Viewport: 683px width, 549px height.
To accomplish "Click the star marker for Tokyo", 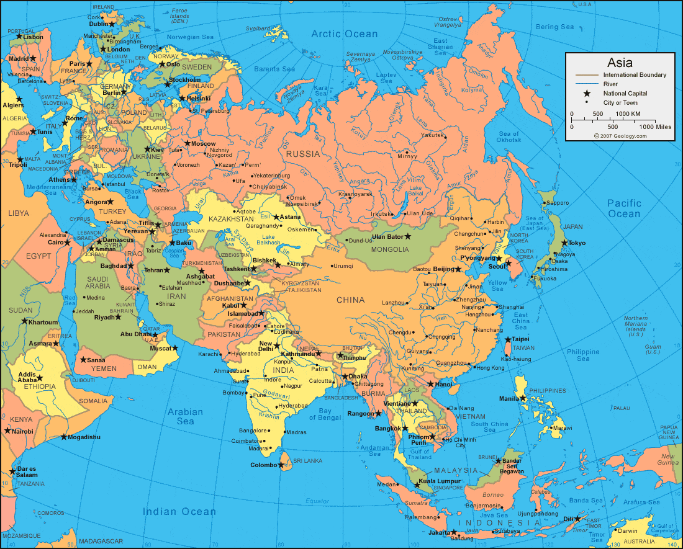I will coord(564,243).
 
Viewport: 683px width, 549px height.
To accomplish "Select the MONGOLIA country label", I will coord(391,249).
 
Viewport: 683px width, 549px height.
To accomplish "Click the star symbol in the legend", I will coord(586,93).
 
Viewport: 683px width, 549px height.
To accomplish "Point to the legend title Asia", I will coord(620,63).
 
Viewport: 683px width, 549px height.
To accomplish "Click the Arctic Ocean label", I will coord(344,34).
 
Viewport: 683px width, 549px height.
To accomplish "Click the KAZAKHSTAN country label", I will coord(231,219).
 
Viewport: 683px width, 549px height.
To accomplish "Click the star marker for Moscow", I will coord(187,143).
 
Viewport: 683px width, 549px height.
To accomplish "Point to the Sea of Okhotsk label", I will coord(509,137).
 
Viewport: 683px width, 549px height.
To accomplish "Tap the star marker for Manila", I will coord(523,398).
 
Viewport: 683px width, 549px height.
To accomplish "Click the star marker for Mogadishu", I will coord(63,437).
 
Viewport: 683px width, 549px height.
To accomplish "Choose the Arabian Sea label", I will coord(185,416).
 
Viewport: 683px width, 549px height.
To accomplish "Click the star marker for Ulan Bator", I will coord(408,236).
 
